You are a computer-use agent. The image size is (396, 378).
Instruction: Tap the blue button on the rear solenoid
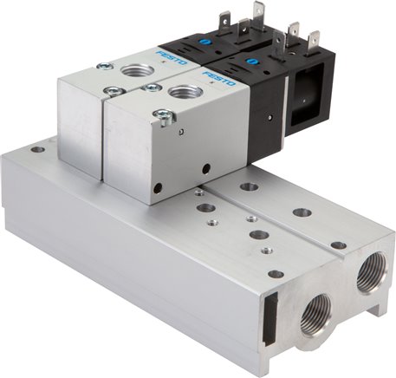point(209,40)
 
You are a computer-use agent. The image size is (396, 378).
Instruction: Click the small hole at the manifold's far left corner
point(38,149)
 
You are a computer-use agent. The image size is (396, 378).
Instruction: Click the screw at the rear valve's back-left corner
point(104,65)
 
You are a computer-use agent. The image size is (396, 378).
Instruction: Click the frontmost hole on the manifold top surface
point(276,275)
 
